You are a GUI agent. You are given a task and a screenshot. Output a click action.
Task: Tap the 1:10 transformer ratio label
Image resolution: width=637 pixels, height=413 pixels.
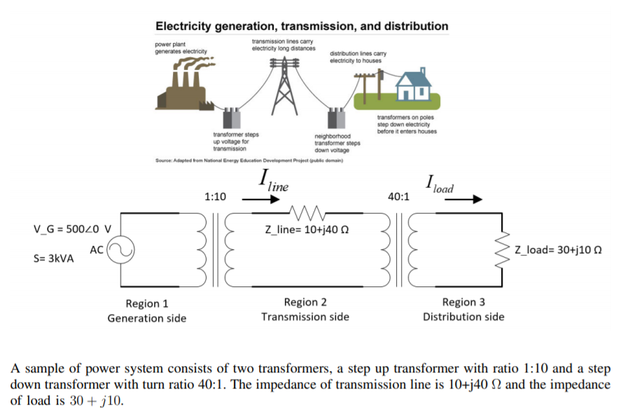tap(215, 197)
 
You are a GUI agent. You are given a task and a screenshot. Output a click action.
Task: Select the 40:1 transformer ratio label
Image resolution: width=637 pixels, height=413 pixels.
tap(398, 197)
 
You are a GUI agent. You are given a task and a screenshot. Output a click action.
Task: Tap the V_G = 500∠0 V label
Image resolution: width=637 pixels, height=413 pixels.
tap(72, 229)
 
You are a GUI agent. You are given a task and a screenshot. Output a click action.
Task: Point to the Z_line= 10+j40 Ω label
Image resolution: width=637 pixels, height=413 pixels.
tap(304, 232)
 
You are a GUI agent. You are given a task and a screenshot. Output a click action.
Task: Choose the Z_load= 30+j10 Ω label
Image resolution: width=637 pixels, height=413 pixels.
tap(559, 250)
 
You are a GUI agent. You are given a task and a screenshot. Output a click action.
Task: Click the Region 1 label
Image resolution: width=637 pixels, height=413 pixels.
tap(146, 303)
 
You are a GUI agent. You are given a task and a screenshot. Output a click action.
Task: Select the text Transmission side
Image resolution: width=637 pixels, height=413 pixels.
tap(304, 317)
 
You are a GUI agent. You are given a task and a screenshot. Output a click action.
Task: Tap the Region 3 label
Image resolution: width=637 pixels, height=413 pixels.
tap(463, 302)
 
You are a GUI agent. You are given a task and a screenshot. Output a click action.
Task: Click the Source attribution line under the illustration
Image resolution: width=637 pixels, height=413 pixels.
tap(248, 160)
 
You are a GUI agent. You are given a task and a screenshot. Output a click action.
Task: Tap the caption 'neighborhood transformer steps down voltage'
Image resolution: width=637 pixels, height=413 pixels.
tap(337, 143)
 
